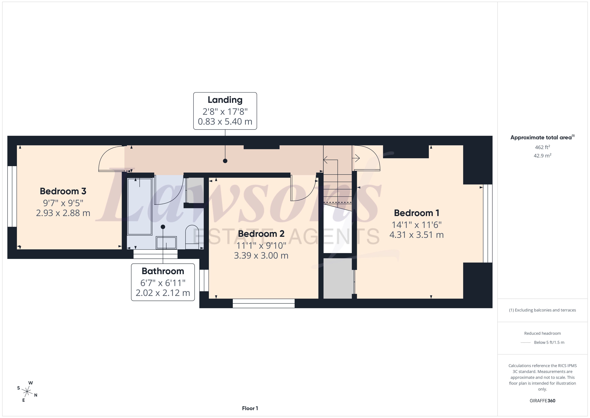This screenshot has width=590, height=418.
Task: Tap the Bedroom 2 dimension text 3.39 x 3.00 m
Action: (261, 256)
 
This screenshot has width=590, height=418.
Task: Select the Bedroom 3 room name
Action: (63, 191)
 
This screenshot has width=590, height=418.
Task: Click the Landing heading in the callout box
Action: (225, 100)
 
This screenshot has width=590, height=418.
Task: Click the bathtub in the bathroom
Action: (140, 206)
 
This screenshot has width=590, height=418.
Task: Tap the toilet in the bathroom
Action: (192, 237)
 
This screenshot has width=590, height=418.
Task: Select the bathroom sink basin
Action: (166, 243)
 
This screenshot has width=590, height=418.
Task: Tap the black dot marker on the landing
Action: (225, 161)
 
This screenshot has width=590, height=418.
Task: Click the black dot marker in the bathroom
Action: (163, 227)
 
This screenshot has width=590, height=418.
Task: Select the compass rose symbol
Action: (27, 392)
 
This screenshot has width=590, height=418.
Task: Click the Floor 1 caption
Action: (250, 408)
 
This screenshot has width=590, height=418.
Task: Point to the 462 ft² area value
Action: (543, 147)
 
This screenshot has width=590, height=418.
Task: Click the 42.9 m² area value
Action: (543, 155)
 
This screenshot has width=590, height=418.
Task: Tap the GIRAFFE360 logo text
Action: (543, 401)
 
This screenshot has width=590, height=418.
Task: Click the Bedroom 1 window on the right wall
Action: (488, 223)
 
